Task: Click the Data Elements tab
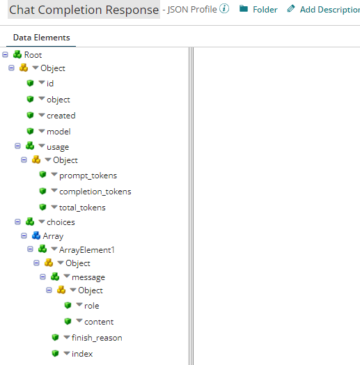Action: (41, 38)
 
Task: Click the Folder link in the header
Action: (265, 10)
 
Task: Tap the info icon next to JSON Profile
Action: (224, 9)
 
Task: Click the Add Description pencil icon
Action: (291, 9)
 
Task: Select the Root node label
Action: (33, 54)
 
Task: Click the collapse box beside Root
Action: (6, 54)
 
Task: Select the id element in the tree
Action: (50, 84)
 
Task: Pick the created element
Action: (61, 116)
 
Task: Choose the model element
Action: (58, 131)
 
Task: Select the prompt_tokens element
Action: (88, 176)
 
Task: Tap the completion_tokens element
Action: (95, 192)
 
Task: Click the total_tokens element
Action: (82, 208)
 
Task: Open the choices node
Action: (61, 222)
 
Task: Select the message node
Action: (88, 277)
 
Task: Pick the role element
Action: (91, 306)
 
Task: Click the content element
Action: (99, 322)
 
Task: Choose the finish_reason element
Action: (96, 338)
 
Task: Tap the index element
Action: (81, 354)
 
